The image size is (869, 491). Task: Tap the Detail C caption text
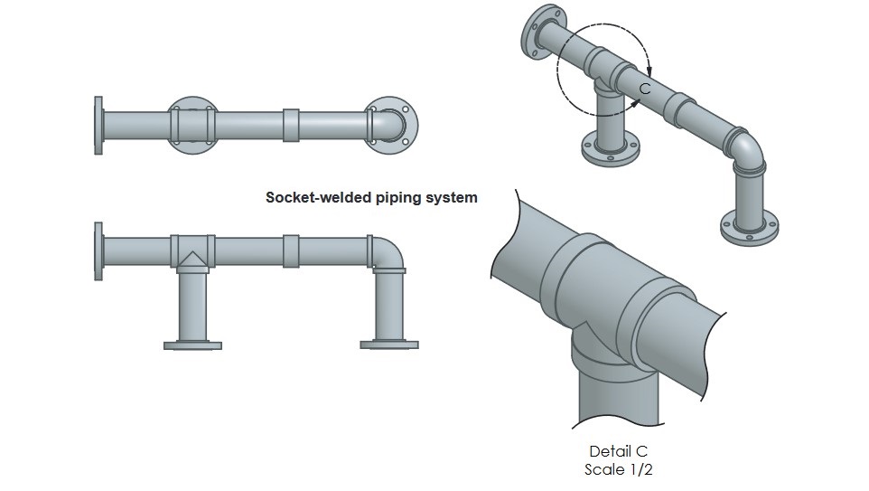tap(619, 451)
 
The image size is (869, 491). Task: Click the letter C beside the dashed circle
tap(645, 88)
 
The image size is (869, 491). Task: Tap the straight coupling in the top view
tap(291, 125)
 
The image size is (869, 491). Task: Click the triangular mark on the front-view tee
tap(192, 261)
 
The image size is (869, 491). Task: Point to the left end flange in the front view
tap(99, 250)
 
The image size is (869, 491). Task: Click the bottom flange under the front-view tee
tap(192, 345)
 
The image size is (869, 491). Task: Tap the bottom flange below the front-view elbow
tap(389, 345)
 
